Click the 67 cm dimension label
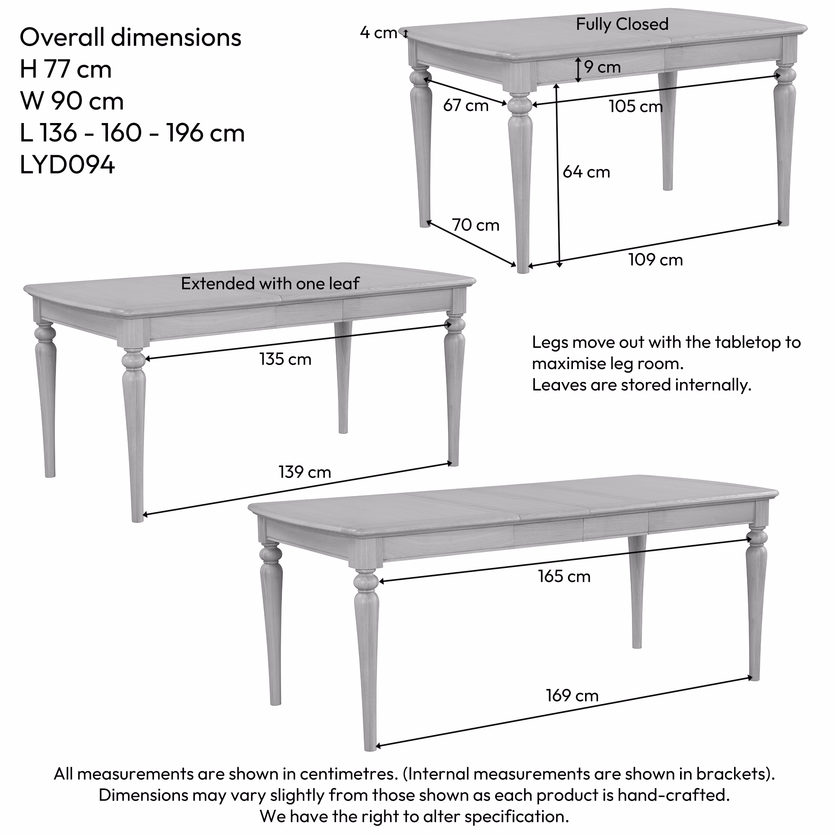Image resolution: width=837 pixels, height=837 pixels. (466, 105)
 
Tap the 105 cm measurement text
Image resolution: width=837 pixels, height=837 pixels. (636, 107)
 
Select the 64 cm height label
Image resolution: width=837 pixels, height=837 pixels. (586, 172)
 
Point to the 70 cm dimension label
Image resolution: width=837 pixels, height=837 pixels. (476, 225)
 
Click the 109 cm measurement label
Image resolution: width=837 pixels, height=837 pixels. (655, 260)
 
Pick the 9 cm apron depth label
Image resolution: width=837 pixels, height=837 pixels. (603, 67)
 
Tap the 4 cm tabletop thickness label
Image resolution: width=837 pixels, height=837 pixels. (379, 33)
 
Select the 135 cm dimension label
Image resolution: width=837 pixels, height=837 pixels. (285, 359)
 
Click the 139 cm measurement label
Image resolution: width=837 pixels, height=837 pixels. (305, 472)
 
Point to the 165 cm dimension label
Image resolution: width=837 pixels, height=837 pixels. (565, 577)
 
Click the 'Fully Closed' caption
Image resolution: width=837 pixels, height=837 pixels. (622, 25)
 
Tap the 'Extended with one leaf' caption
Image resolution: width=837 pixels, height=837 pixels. (270, 284)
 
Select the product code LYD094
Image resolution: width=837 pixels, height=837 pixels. (67, 165)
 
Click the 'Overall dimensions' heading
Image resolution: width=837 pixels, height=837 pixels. (131, 37)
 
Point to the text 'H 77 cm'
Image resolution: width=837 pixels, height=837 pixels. (66, 69)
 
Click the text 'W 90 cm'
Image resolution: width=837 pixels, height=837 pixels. (72, 101)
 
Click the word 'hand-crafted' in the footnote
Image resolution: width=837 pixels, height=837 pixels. (674, 796)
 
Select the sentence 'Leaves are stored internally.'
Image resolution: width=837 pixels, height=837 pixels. (642, 385)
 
